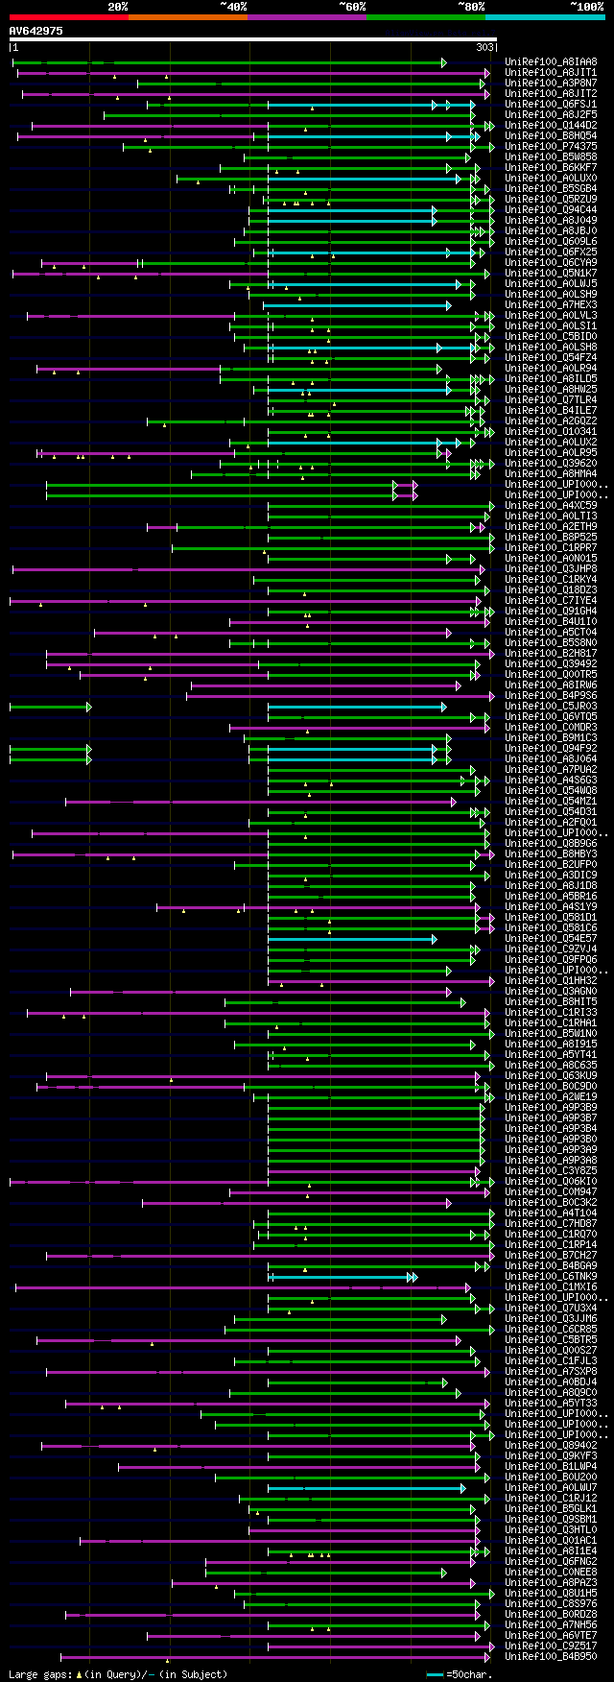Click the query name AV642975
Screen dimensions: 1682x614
click(36, 31)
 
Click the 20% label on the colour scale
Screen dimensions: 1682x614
click(117, 7)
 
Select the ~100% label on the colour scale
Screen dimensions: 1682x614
click(586, 7)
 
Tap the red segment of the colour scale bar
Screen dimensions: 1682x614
click(68, 17)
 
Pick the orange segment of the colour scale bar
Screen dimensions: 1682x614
click(187, 17)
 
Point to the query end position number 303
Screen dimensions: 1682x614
click(484, 47)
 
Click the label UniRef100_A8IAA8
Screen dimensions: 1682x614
click(551, 62)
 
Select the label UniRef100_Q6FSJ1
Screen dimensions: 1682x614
click(551, 105)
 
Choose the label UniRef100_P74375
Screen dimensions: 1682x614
click(551, 147)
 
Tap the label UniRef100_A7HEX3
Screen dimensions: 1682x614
click(551, 305)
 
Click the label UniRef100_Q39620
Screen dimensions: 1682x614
click(551, 464)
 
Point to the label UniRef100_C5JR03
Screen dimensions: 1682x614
click(551, 707)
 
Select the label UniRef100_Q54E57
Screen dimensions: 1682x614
click(551, 939)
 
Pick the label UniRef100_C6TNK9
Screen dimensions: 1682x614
click(551, 1277)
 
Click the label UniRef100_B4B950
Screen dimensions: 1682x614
click(551, 1657)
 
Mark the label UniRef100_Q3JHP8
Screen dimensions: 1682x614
click(551, 569)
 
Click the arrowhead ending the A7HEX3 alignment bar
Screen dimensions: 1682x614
click(448, 305)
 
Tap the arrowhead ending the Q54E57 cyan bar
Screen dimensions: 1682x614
click(435, 939)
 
